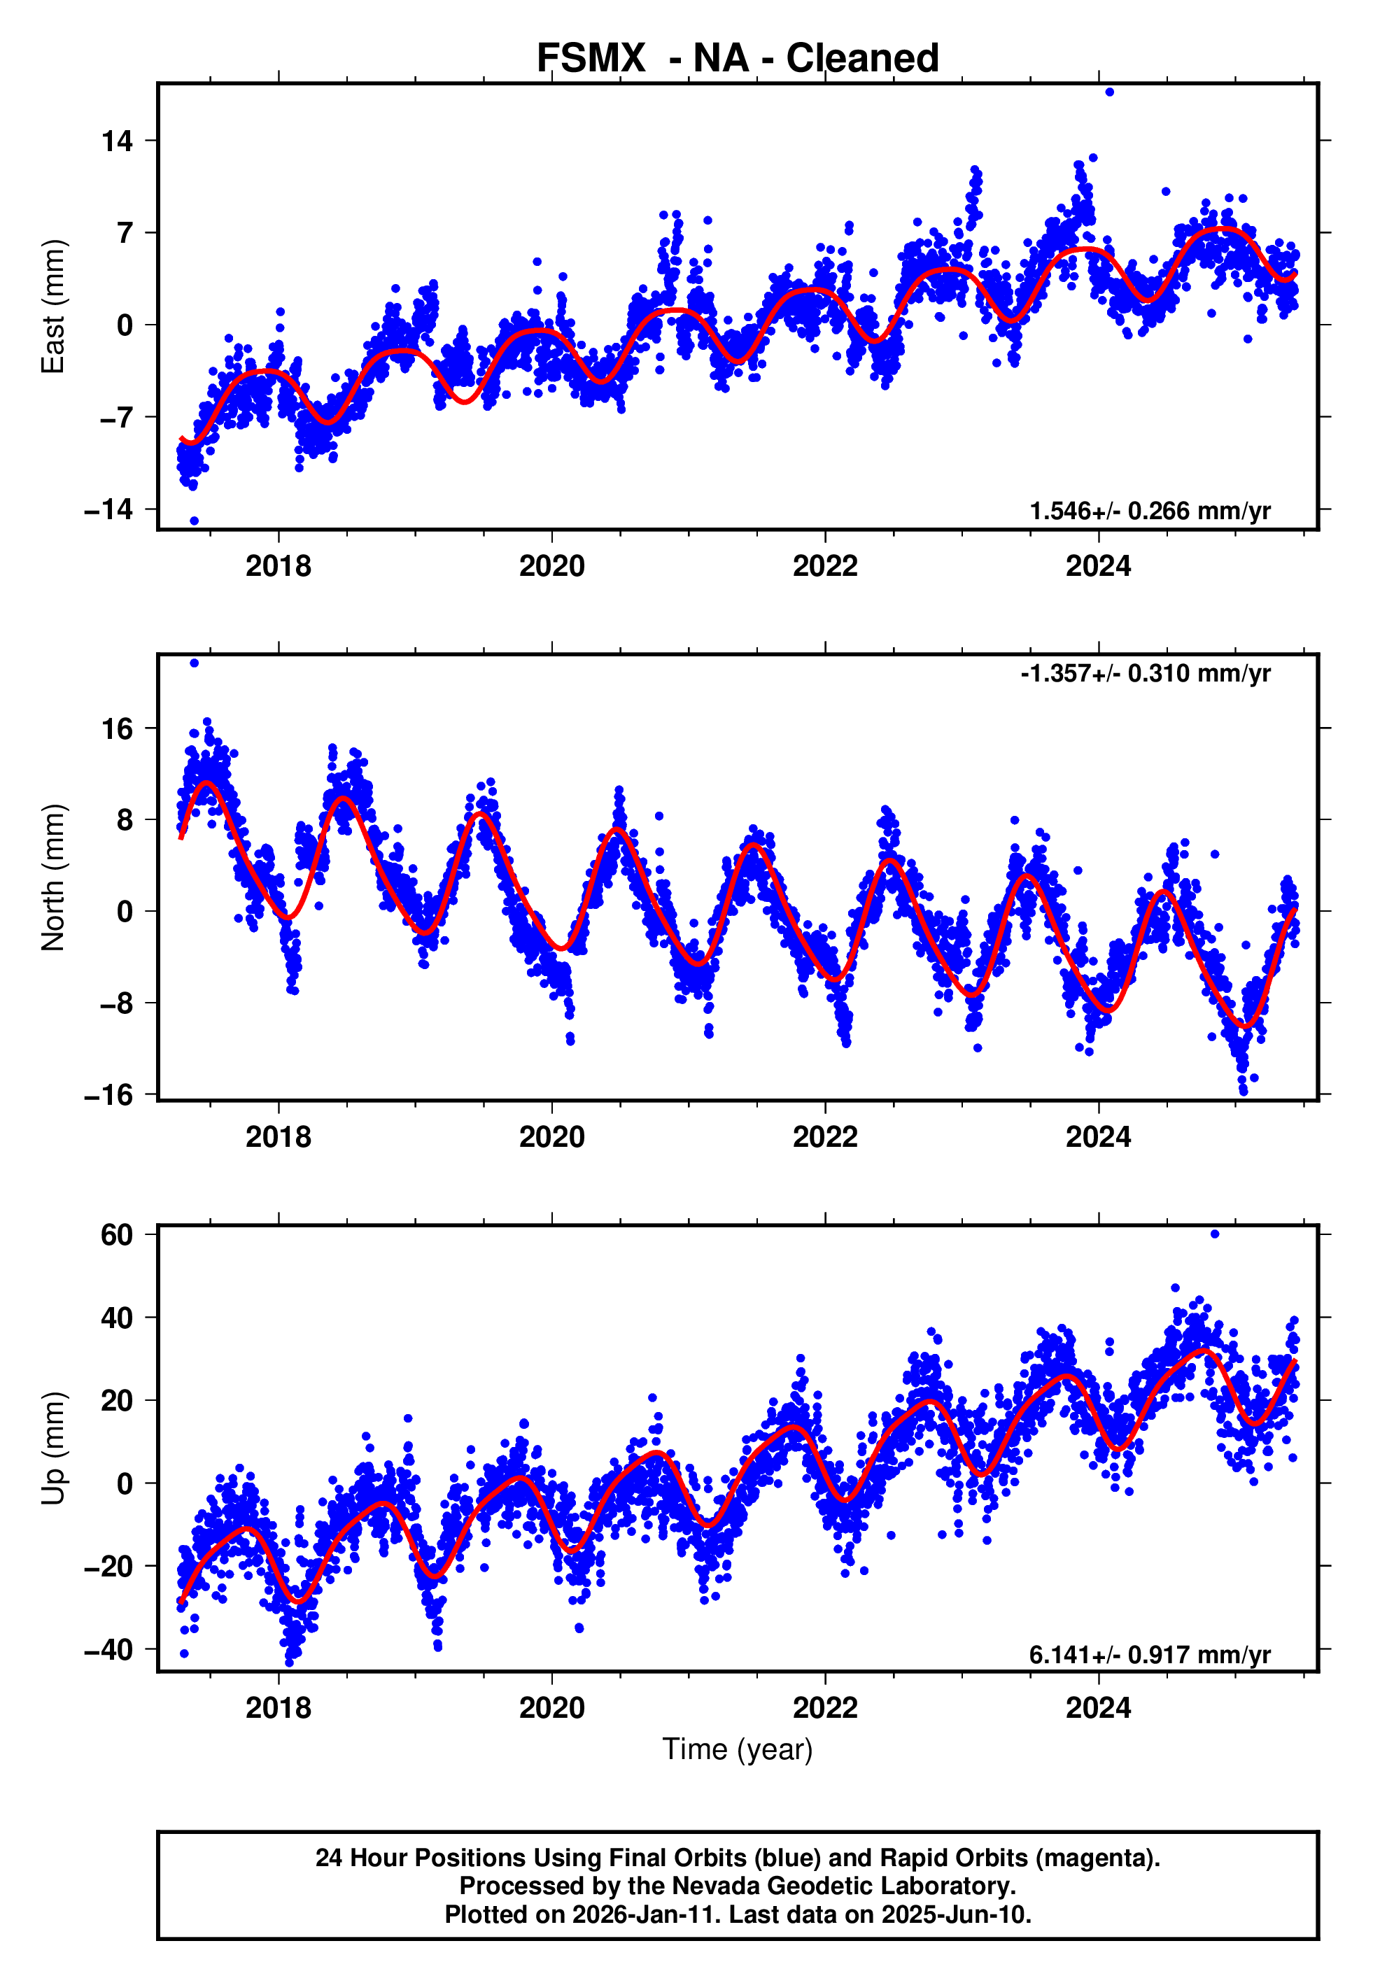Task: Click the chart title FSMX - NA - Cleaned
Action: click(738, 59)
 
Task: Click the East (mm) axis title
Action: click(53, 307)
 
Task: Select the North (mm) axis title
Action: click(53, 877)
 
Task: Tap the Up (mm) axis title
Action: click(53, 1448)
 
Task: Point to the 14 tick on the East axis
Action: click(118, 141)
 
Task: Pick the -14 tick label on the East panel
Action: click(109, 510)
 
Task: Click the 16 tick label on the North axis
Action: click(118, 729)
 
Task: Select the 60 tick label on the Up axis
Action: click(118, 1235)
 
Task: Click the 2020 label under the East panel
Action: click(551, 567)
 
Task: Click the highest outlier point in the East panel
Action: click(1110, 92)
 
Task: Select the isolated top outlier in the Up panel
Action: click(1215, 1234)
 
